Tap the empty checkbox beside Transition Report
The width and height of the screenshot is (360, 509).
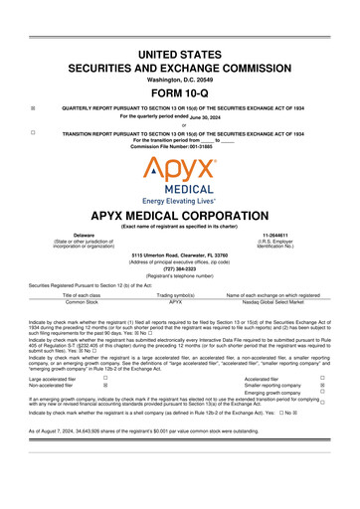tap(33, 131)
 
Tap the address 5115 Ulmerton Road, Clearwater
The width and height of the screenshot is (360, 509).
tap(180, 254)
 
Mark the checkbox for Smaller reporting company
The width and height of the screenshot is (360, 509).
tap(323, 386)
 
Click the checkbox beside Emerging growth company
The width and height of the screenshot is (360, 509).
tap(323, 393)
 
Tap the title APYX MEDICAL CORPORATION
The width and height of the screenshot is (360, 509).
tap(180, 214)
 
